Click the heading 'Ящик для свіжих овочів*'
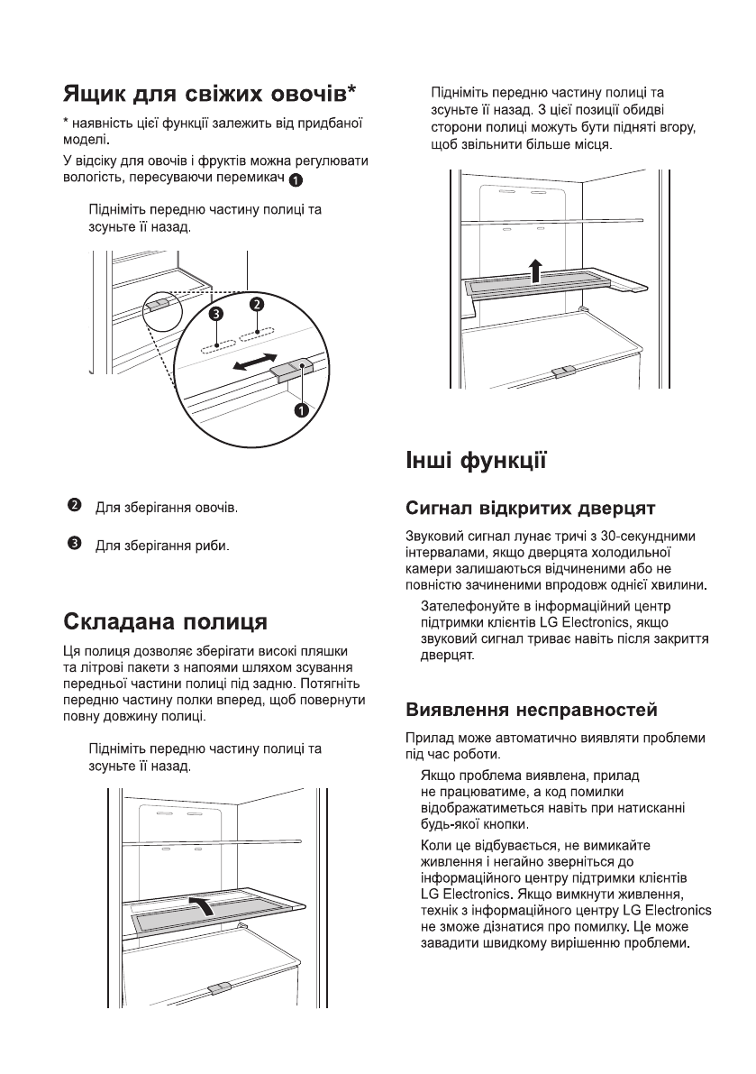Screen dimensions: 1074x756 coord(209,94)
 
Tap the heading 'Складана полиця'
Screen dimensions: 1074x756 coord(165,622)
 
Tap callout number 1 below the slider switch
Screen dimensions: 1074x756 coord(301,410)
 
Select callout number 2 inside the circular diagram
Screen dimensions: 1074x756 coord(257,305)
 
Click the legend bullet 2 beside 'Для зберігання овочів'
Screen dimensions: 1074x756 coord(75,506)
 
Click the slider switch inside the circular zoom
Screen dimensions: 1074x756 coord(290,370)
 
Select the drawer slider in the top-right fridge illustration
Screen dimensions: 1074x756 coord(564,371)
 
